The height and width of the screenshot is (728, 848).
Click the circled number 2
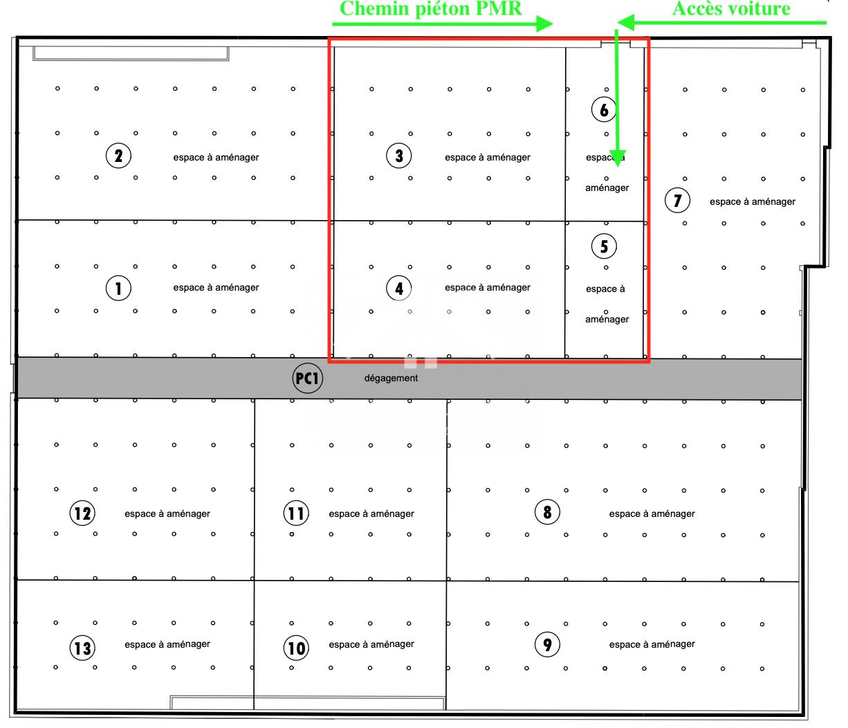tap(118, 156)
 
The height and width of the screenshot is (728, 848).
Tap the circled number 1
tap(118, 287)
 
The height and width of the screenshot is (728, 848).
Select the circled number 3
tap(399, 156)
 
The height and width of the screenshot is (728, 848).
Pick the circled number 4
tap(399, 287)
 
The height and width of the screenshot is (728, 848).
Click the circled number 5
tap(604, 246)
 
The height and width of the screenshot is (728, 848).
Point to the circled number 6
tap(604, 109)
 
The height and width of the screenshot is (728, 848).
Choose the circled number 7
tap(677, 201)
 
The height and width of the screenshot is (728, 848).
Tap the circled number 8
tap(547, 512)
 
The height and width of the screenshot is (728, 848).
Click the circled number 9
tap(547, 644)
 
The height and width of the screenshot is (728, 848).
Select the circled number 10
tap(296, 648)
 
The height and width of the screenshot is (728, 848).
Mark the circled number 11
tap(296, 513)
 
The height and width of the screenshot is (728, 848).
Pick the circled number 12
tap(82, 513)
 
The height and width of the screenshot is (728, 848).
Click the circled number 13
tap(82, 648)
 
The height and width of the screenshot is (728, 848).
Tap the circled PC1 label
tap(307, 378)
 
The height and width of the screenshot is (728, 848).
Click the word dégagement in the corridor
tap(391, 378)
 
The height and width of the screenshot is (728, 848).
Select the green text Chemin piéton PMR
tap(430, 9)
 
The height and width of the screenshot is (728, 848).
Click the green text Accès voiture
tap(731, 9)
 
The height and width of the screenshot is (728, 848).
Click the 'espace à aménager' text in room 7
tap(753, 201)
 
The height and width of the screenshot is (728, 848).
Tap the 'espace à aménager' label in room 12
tap(167, 513)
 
